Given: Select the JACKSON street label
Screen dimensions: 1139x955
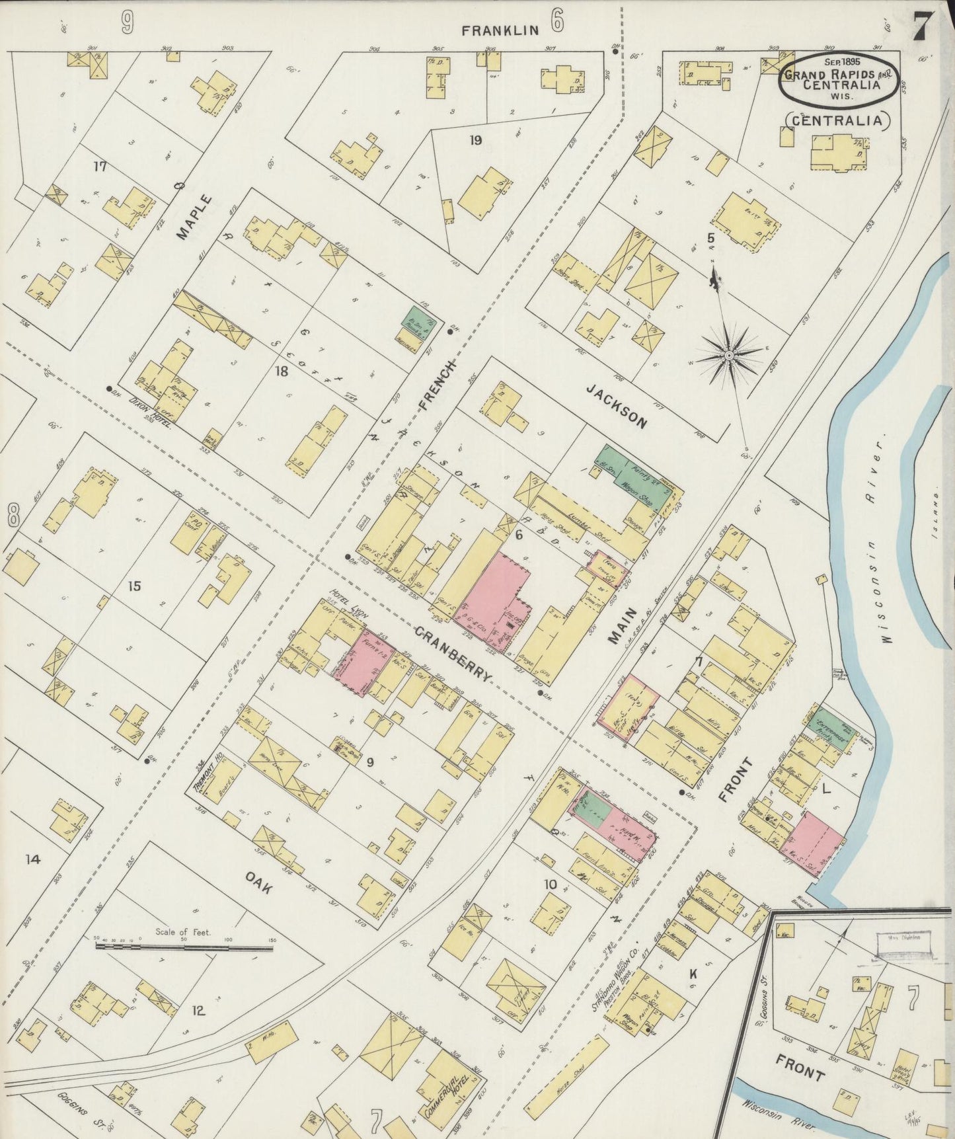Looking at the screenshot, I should pos(615,408).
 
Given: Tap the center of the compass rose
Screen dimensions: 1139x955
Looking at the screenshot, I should pos(728,356).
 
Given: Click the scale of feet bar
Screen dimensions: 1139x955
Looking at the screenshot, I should pos(184,947).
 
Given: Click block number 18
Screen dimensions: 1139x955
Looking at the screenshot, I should pos(282,372).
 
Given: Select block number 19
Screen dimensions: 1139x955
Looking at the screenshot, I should pos(475,139).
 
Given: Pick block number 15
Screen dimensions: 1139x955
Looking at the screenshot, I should pos(135,586).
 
